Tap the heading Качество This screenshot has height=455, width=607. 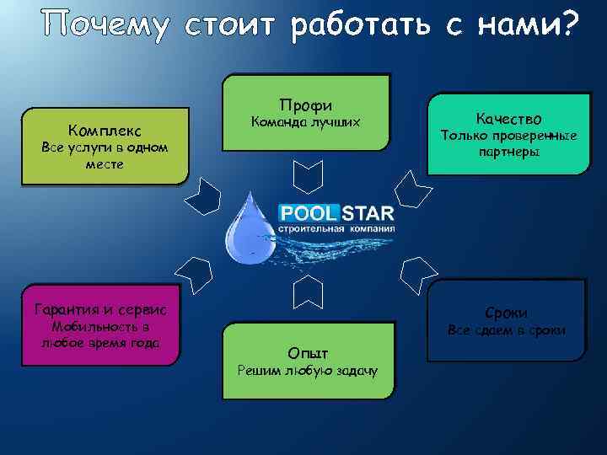click(508, 119)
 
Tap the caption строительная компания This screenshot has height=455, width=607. click(336, 227)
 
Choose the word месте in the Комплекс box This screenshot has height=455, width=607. click(105, 164)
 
